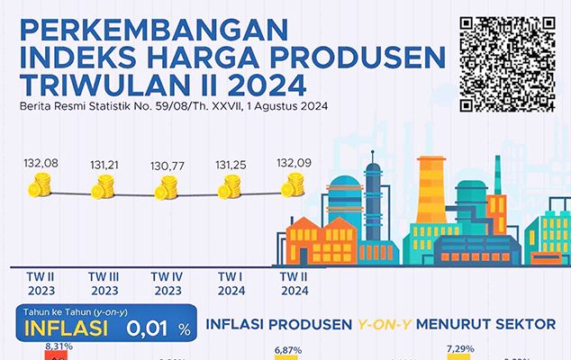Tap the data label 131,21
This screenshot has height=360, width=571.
[104, 166]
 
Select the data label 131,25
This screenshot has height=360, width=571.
[231, 165]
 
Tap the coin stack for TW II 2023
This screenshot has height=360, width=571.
[41, 187]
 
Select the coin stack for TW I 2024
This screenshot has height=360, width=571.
[231, 187]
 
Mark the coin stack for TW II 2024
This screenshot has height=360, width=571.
[294, 185]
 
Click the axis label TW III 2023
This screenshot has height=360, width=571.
[104, 283]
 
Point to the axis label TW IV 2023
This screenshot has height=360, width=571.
[168, 283]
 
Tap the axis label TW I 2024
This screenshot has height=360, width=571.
[231, 283]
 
